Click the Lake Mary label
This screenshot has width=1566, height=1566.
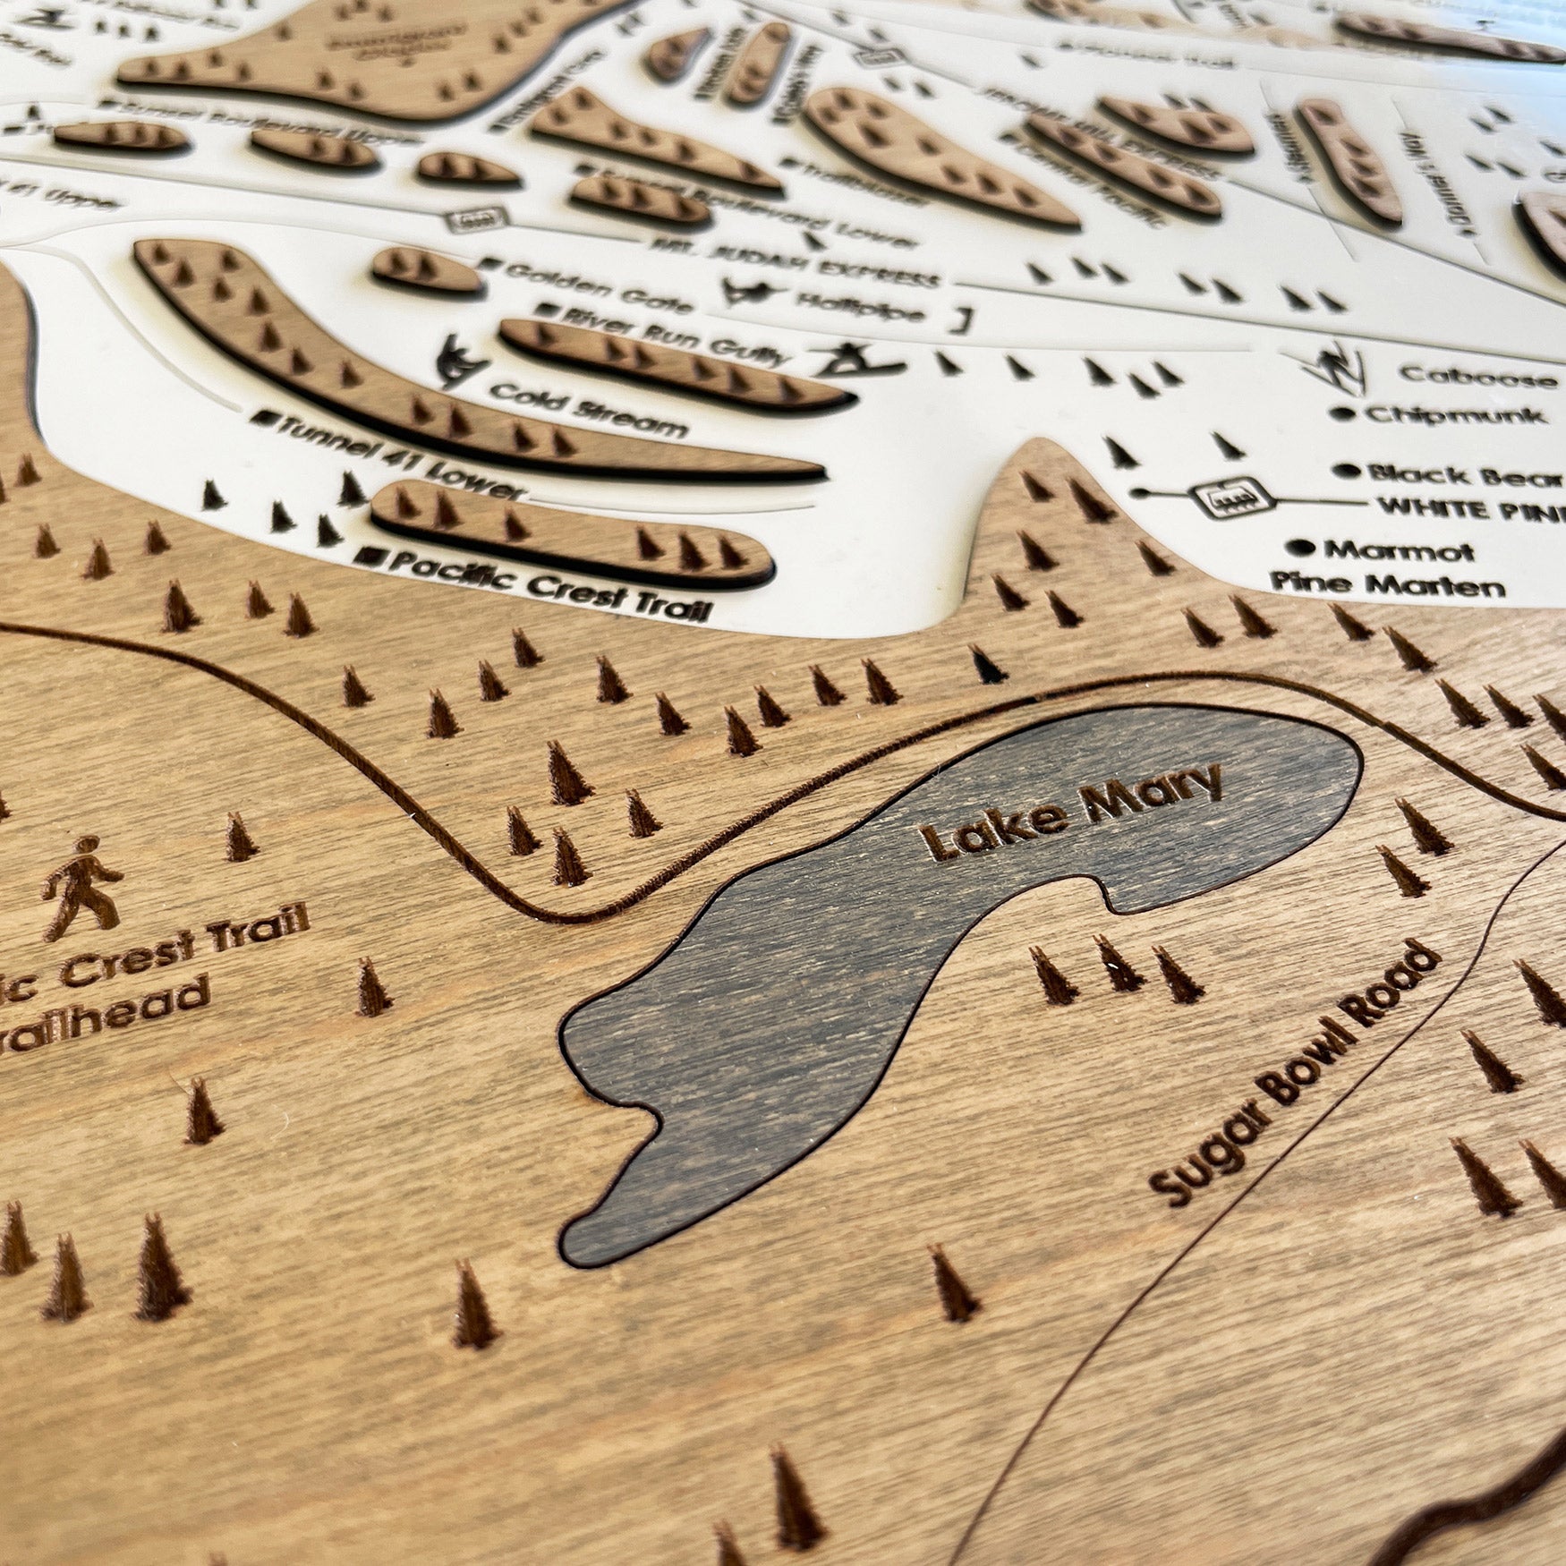[x=1072, y=811]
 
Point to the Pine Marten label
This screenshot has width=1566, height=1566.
[x=1387, y=585]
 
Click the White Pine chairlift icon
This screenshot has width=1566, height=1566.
[x=1233, y=497]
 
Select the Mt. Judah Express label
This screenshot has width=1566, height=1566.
[x=796, y=260]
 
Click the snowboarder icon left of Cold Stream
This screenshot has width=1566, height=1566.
[x=462, y=361]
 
